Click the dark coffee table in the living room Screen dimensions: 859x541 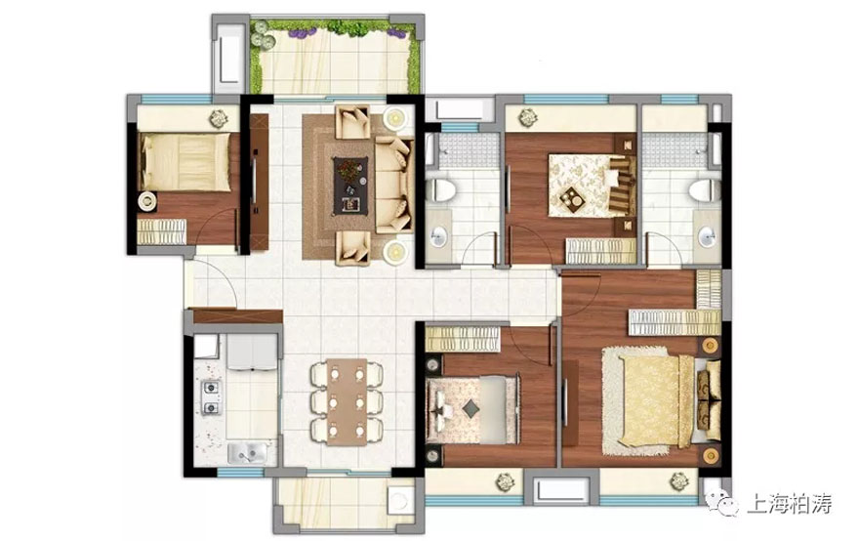(350, 186)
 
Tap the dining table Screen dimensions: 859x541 (347, 401)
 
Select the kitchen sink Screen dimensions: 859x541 (248, 452)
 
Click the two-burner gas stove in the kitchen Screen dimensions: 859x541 (212, 396)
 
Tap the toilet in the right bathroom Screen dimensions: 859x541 (705, 190)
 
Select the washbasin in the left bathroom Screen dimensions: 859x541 (438, 236)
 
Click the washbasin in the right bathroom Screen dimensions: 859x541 (707, 236)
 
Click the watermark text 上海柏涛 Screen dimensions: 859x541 (791, 503)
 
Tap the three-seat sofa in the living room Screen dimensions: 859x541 (393, 186)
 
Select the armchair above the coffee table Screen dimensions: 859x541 (352, 122)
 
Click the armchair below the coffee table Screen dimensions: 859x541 (352, 248)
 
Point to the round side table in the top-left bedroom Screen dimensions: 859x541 (147, 201)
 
